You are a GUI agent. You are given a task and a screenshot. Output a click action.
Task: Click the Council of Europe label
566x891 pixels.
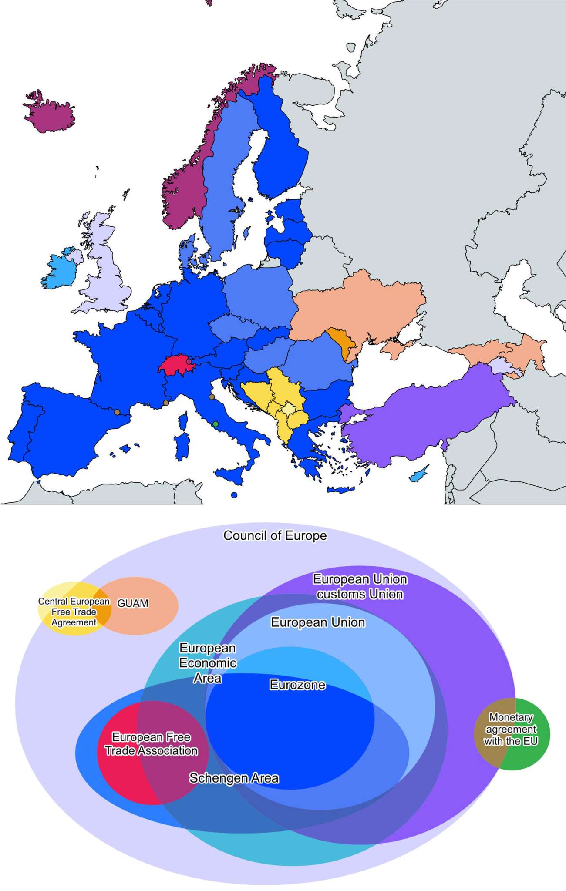pyautogui.click(x=275, y=535)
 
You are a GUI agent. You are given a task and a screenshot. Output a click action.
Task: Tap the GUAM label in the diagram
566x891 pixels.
pyautogui.click(x=133, y=603)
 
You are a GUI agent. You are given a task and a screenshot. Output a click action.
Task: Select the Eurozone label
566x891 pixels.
pyautogui.click(x=298, y=685)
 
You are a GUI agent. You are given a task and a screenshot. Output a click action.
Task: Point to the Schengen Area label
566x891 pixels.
pyautogui.click(x=234, y=778)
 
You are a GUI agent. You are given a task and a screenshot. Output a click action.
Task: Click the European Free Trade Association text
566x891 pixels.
pyautogui.click(x=151, y=744)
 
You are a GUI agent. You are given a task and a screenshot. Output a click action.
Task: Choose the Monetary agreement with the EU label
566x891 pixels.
pyautogui.click(x=511, y=729)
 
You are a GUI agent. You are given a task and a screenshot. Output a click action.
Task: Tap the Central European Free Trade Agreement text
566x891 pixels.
pyautogui.click(x=74, y=612)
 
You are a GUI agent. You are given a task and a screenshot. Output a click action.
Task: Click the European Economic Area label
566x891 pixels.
pyautogui.click(x=208, y=663)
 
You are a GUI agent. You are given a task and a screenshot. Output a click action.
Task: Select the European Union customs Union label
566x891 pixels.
pyautogui.click(x=360, y=587)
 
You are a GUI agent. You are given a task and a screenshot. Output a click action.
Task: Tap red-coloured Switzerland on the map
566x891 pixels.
pyautogui.click(x=176, y=365)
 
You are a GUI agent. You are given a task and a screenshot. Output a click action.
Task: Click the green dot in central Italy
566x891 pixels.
pyautogui.click(x=216, y=424)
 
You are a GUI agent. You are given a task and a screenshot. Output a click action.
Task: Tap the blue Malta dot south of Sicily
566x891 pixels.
pyautogui.click(x=234, y=495)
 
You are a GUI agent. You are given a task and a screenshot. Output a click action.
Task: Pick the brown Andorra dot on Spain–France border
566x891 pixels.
pyautogui.click(x=117, y=412)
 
